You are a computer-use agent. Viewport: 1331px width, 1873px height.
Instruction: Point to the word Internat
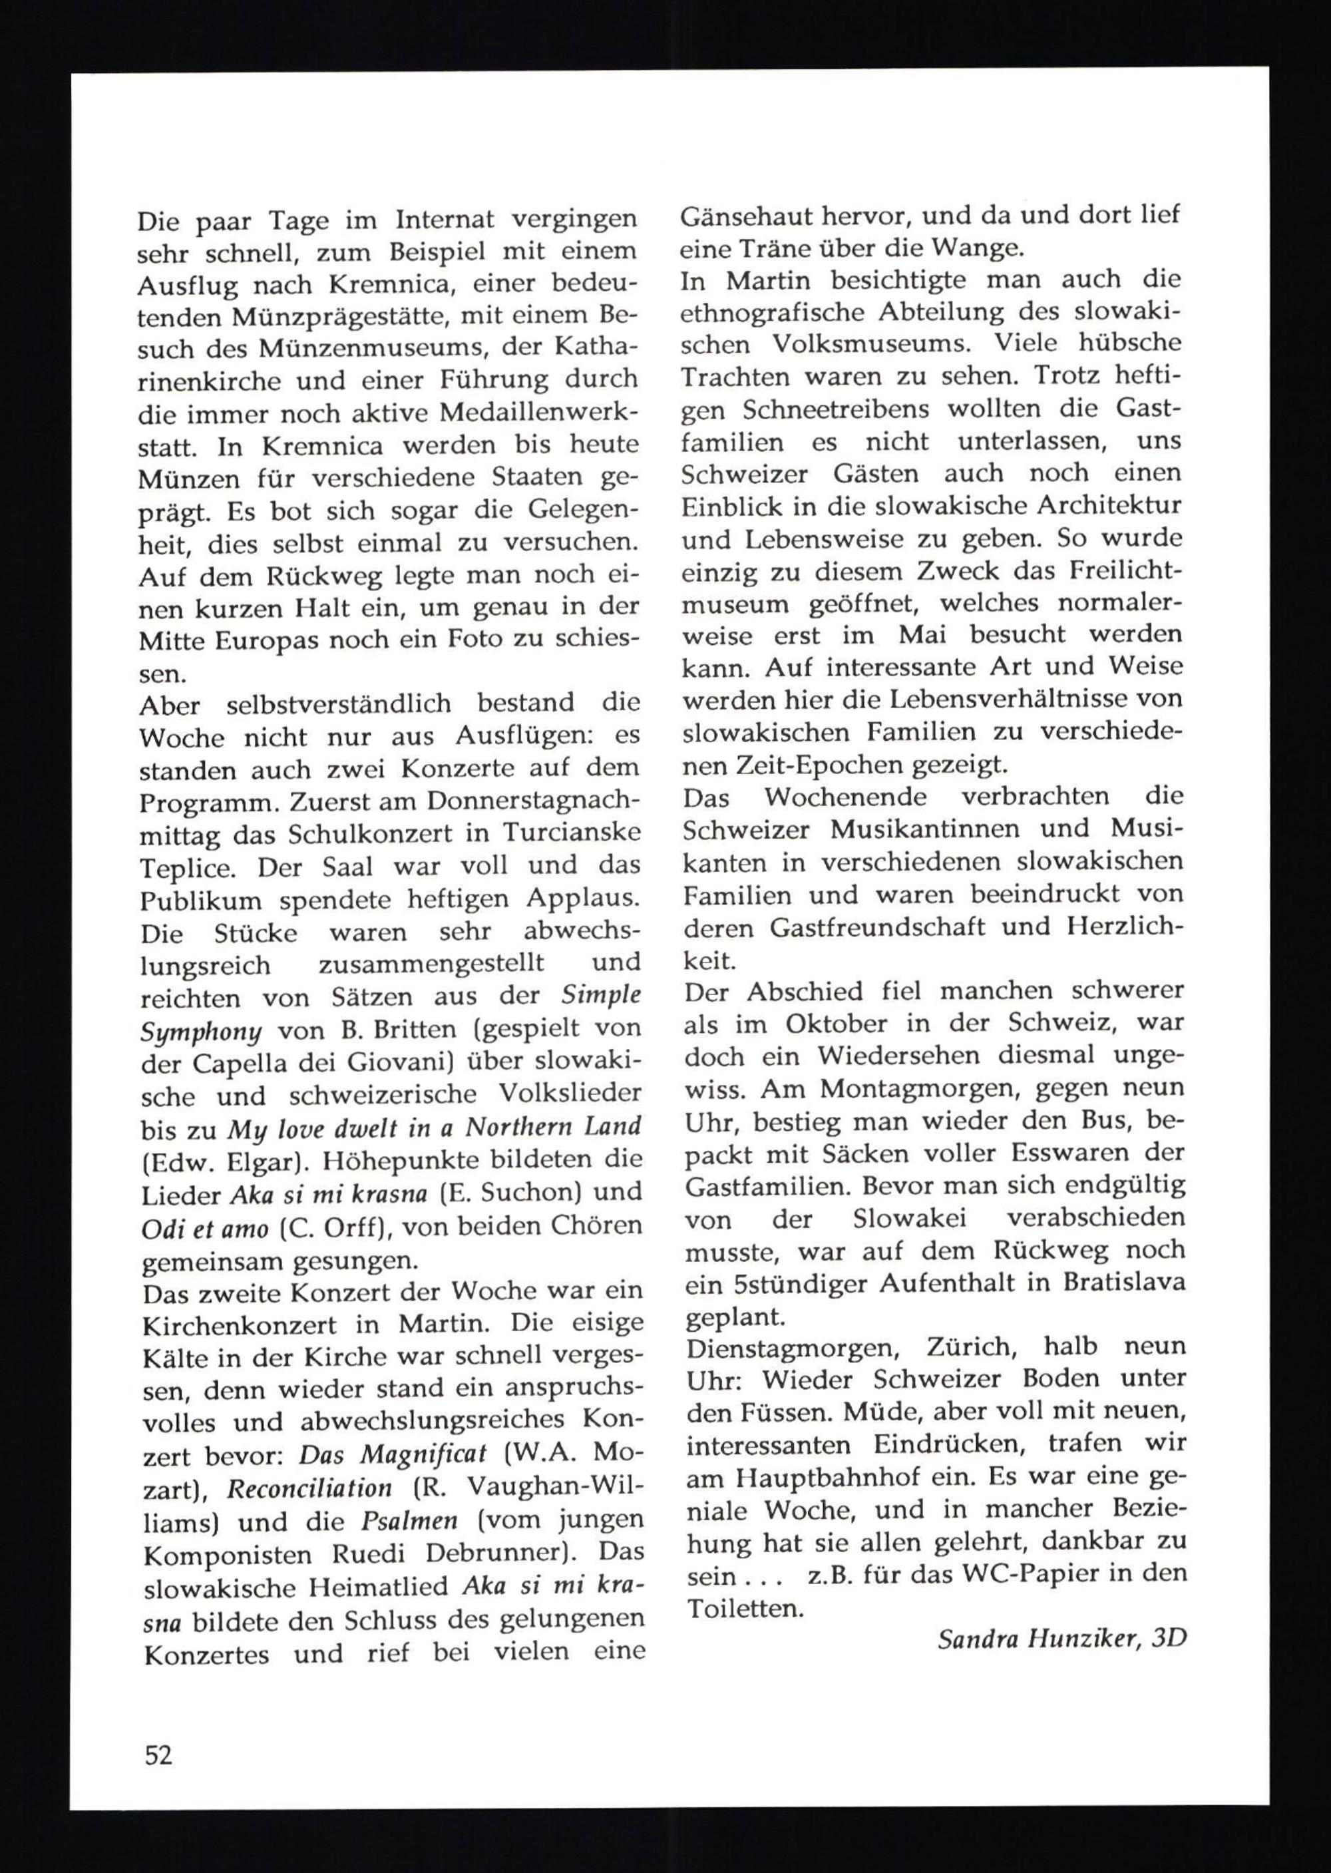click(445, 220)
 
